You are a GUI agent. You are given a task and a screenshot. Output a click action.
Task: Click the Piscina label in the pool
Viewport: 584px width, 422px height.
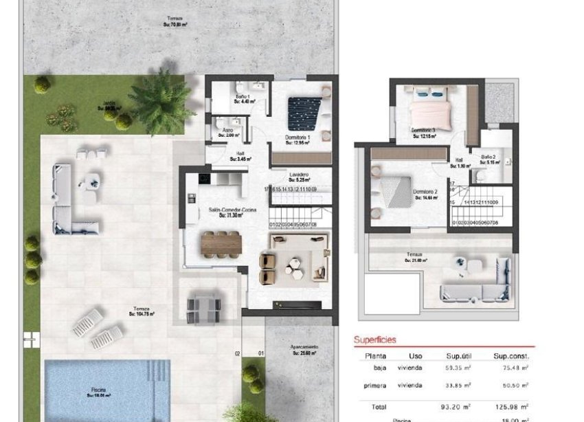(100, 392)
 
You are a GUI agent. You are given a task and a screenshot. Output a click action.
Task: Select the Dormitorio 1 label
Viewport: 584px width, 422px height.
(299, 138)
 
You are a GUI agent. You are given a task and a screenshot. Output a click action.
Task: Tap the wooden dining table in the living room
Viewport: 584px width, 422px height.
(221, 243)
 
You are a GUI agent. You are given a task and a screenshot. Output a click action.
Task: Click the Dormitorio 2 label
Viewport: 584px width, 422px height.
(425, 193)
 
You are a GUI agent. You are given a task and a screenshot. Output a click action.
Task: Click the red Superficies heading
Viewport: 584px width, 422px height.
(374, 340)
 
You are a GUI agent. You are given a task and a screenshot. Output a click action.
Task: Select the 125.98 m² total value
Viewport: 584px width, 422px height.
(510, 406)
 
